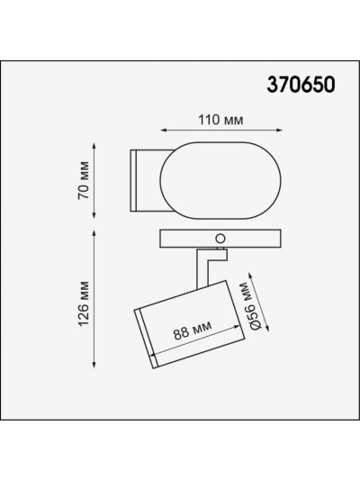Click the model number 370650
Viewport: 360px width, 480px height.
[301, 85]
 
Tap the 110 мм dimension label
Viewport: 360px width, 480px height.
[220, 120]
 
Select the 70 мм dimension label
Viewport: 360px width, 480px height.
[84, 181]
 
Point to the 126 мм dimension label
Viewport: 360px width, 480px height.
[84, 303]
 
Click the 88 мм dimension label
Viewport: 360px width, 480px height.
[193, 331]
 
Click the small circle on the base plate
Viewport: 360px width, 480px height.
[220, 239]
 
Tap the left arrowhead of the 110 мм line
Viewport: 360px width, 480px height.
[164, 130]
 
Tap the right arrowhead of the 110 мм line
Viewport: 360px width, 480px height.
[279, 130]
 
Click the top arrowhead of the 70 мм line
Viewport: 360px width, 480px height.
[94, 145]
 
